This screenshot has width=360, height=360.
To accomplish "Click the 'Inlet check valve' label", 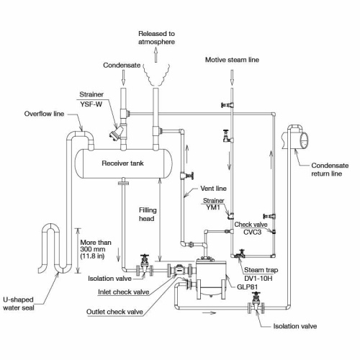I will click(122, 292).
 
